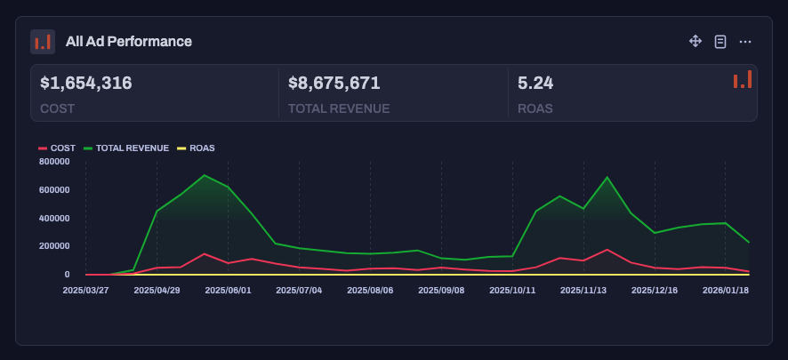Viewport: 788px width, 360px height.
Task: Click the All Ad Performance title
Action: [x=128, y=42]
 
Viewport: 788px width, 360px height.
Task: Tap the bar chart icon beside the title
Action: [x=43, y=42]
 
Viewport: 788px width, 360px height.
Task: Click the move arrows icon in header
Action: [x=696, y=42]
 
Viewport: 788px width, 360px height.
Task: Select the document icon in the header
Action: [x=720, y=42]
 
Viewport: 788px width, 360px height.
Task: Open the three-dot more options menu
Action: [x=745, y=42]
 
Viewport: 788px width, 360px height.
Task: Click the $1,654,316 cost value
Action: [x=86, y=84]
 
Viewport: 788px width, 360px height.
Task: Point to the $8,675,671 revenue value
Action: [x=334, y=84]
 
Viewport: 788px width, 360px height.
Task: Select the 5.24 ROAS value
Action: [x=535, y=84]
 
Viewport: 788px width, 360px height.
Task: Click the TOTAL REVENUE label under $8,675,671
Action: [x=339, y=108]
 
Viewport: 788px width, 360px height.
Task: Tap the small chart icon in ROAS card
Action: [x=742, y=80]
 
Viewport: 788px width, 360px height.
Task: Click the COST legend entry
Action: [x=57, y=148]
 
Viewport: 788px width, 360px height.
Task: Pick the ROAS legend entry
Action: [x=197, y=148]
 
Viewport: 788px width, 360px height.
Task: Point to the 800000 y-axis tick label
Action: [x=54, y=162]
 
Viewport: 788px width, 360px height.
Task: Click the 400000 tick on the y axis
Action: [x=54, y=218]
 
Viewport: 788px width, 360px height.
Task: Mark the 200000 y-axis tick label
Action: [x=54, y=246]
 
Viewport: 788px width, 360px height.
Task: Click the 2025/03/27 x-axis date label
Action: [x=85, y=289]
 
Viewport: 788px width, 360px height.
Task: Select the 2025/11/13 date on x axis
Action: [x=583, y=289]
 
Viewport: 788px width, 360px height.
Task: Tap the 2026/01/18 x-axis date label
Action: [x=726, y=289]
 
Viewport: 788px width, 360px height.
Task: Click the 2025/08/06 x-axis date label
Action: [x=370, y=289]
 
